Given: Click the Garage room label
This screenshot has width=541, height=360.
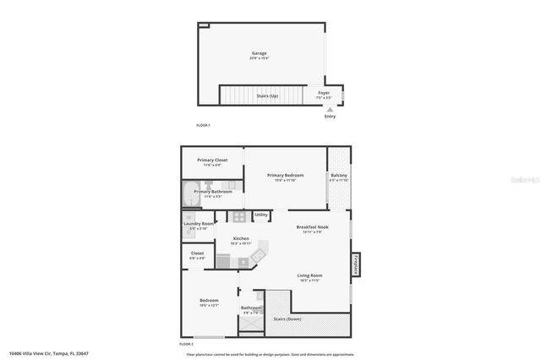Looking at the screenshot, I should (260, 53).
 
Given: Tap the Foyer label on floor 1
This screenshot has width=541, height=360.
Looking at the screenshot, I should (324, 92).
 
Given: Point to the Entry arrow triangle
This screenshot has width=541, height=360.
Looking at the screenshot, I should (330, 109).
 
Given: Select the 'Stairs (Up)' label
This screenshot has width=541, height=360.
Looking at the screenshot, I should (267, 96).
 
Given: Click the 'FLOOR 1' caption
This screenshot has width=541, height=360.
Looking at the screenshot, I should (203, 125).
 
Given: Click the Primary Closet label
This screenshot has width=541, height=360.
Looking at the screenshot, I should (212, 161).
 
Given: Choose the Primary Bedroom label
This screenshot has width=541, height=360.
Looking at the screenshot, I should (284, 176).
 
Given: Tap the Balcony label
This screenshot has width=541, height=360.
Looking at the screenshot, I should (338, 176).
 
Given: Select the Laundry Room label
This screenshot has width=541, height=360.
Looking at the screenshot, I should (199, 224).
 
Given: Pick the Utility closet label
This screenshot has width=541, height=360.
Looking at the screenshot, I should (261, 215).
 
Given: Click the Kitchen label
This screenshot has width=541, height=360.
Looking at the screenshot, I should (241, 239).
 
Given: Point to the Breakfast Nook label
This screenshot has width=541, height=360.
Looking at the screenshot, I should (312, 226).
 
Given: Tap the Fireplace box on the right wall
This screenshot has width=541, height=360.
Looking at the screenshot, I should (355, 264).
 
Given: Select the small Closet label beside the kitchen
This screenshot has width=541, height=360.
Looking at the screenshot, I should (197, 254).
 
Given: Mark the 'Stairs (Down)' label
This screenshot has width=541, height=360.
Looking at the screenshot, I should (288, 319).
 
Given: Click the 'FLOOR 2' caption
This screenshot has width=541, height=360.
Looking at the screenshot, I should (187, 344).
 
